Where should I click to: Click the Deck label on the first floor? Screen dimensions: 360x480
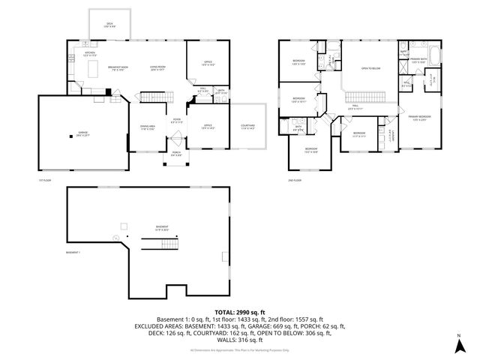tap(109, 25)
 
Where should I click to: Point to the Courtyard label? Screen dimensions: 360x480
tap(247, 127)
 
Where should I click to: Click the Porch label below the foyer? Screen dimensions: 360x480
tap(175, 155)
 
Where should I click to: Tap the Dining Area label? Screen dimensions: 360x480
tap(147, 127)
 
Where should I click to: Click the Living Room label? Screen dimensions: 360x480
tap(157, 67)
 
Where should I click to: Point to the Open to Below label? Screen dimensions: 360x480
tap(369, 67)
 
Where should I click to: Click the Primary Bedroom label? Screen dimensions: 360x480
tap(419, 118)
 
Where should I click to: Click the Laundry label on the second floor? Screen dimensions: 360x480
tap(391, 135)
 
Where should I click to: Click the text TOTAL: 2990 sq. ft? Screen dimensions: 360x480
tap(240, 311)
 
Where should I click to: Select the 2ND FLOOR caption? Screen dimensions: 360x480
tap(295, 181)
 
